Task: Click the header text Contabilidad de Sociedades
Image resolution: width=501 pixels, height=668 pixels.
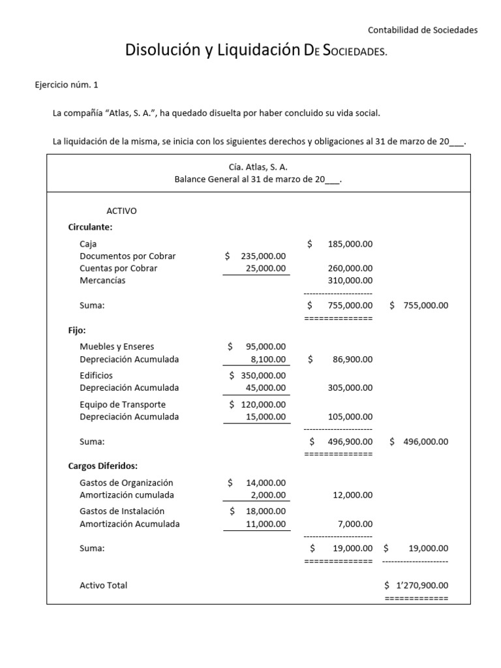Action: click(423, 29)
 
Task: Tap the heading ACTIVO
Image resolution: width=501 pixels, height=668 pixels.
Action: click(121, 211)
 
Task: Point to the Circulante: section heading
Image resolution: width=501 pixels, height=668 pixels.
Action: click(90, 227)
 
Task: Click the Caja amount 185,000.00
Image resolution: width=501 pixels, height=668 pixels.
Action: click(350, 243)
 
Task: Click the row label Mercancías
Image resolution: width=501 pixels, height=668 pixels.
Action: click(102, 281)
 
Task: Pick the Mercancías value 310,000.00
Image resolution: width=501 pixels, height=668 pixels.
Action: click(350, 281)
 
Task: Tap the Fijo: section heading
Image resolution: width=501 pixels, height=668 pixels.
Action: click(77, 330)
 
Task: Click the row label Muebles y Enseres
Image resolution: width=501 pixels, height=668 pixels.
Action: click(117, 346)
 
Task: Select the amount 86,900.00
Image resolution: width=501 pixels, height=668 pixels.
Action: click(352, 359)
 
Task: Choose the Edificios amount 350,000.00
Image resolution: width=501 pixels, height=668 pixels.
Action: click(263, 375)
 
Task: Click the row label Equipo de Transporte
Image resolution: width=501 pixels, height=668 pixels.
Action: click(123, 404)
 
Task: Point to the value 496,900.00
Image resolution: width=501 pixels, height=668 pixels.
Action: click(350, 441)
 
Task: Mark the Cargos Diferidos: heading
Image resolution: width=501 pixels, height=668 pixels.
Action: click(102, 466)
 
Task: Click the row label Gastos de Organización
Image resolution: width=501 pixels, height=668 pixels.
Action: click(127, 483)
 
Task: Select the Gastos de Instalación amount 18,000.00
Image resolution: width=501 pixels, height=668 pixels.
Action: click(266, 511)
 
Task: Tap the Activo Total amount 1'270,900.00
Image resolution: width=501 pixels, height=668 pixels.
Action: click(422, 585)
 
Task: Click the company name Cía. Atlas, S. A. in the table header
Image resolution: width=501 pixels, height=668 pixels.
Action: click(258, 167)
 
